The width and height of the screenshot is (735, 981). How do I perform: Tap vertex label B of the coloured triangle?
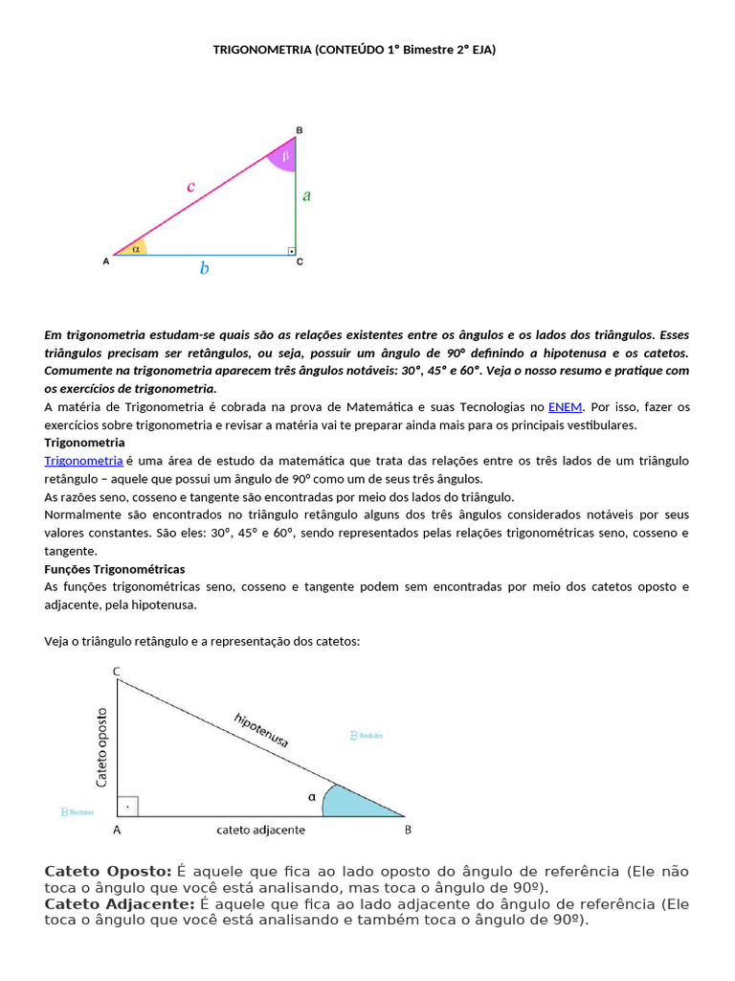coord(299,129)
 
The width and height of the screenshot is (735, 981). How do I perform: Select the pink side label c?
coord(190,187)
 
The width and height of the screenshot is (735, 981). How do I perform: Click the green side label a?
coord(306,195)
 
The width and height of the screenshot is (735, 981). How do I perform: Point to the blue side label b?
coord(204,269)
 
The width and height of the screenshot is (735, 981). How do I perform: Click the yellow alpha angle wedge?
coord(133,248)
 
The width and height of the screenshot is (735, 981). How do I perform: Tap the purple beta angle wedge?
coord(284,156)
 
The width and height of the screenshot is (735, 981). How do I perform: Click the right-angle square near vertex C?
coord(290,251)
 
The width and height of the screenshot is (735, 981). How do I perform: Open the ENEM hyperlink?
coord(565,407)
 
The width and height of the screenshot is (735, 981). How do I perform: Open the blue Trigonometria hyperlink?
coord(83,461)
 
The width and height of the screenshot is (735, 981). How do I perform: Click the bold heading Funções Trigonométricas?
coord(115,569)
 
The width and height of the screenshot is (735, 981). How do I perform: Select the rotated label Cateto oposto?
coord(102,747)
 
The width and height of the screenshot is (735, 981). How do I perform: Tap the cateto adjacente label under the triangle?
coord(261,831)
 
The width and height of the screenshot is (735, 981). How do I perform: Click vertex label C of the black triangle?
coord(117,673)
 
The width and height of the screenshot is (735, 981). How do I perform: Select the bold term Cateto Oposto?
coord(108,871)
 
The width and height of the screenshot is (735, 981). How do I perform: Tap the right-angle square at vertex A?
coord(128,806)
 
